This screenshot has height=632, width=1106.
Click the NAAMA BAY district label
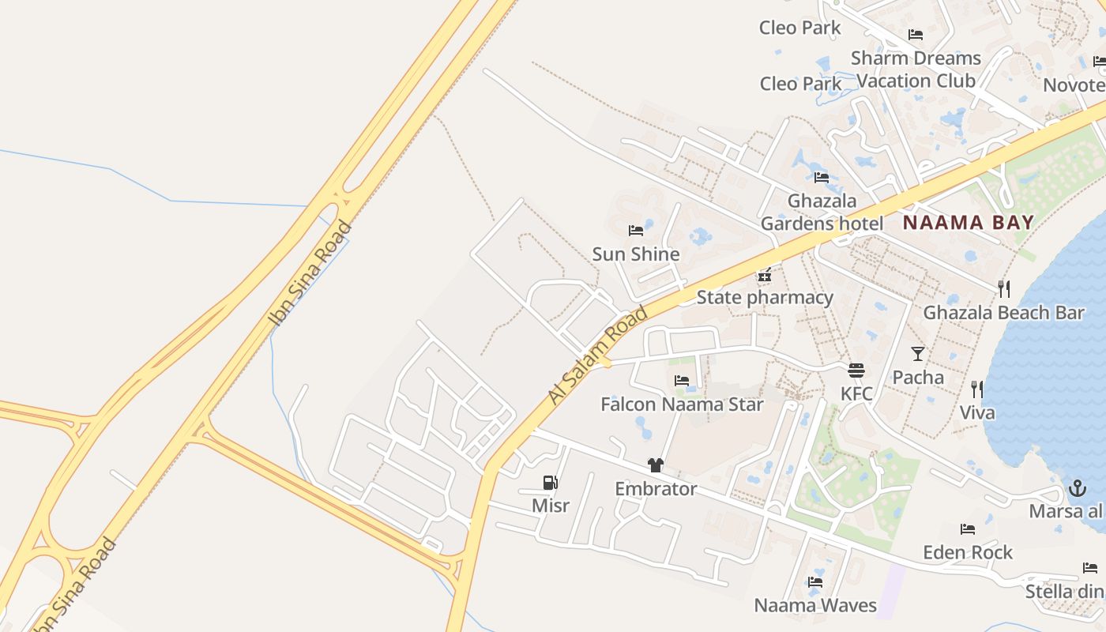(x=969, y=222)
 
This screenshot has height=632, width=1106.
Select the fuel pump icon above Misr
(x=551, y=483)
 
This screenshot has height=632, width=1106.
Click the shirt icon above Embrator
(x=655, y=465)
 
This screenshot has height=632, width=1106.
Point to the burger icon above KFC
(x=856, y=370)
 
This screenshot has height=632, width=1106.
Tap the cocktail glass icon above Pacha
(x=918, y=353)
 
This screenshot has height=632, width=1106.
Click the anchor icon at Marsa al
(x=1078, y=488)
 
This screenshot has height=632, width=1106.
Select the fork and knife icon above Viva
(x=977, y=389)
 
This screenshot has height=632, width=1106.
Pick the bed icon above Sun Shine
(x=636, y=231)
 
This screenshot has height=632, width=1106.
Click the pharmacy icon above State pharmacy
(x=764, y=276)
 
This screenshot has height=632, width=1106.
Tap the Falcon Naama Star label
(x=682, y=404)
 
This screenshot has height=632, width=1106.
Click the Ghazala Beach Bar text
(x=1004, y=313)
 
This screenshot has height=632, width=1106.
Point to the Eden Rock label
(x=968, y=552)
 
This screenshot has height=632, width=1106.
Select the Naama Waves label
(x=815, y=606)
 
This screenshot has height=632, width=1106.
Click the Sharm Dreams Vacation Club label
(x=916, y=70)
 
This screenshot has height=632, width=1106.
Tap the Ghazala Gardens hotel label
(x=822, y=213)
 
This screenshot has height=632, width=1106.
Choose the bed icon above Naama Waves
(x=815, y=582)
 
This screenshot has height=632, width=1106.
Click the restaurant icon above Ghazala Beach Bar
(x=1004, y=288)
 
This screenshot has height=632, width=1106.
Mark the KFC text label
(x=856, y=393)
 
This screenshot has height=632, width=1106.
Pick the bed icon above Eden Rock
(x=968, y=529)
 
